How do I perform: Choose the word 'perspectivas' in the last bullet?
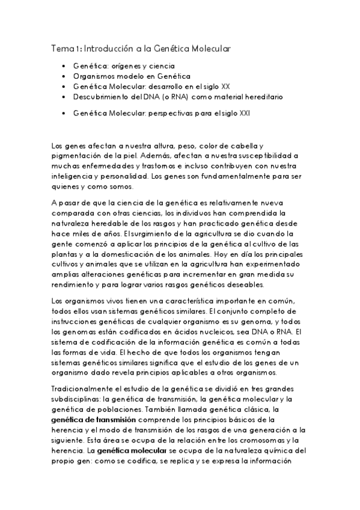pos(174,112)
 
